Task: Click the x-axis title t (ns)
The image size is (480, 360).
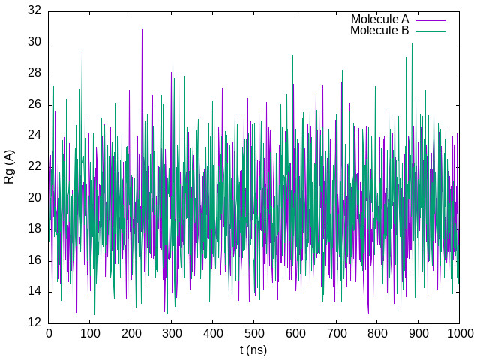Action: coord(253,350)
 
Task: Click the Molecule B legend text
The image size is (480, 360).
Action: coord(379,31)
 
